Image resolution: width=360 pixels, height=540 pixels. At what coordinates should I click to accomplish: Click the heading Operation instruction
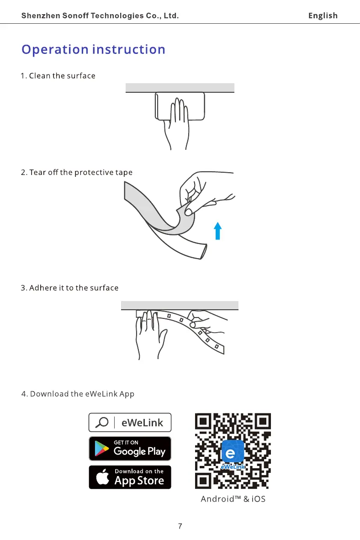(x=93, y=49)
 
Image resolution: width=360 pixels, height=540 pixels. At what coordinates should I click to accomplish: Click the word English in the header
(x=323, y=16)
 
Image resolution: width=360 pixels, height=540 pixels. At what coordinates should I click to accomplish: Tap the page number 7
(x=180, y=526)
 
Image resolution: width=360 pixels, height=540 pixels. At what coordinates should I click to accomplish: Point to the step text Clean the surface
(x=58, y=76)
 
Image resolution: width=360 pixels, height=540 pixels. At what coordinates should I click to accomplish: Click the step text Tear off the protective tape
(x=77, y=173)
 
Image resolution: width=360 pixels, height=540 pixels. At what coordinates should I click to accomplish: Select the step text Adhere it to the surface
(x=69, y=288)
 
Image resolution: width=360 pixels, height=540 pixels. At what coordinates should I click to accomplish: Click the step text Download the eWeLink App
(x=78, y=394)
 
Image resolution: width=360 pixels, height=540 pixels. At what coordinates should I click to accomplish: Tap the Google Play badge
(x=130, y=448)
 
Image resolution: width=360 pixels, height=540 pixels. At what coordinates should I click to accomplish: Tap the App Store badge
(x=130, y=477)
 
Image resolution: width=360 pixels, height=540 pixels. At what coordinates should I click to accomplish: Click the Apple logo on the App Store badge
(x=103, y=477)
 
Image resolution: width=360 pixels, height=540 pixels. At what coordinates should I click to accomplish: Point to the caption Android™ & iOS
(x=233, y=499)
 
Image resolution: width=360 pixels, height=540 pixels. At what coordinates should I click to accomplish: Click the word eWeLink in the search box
(x=142, y=423)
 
